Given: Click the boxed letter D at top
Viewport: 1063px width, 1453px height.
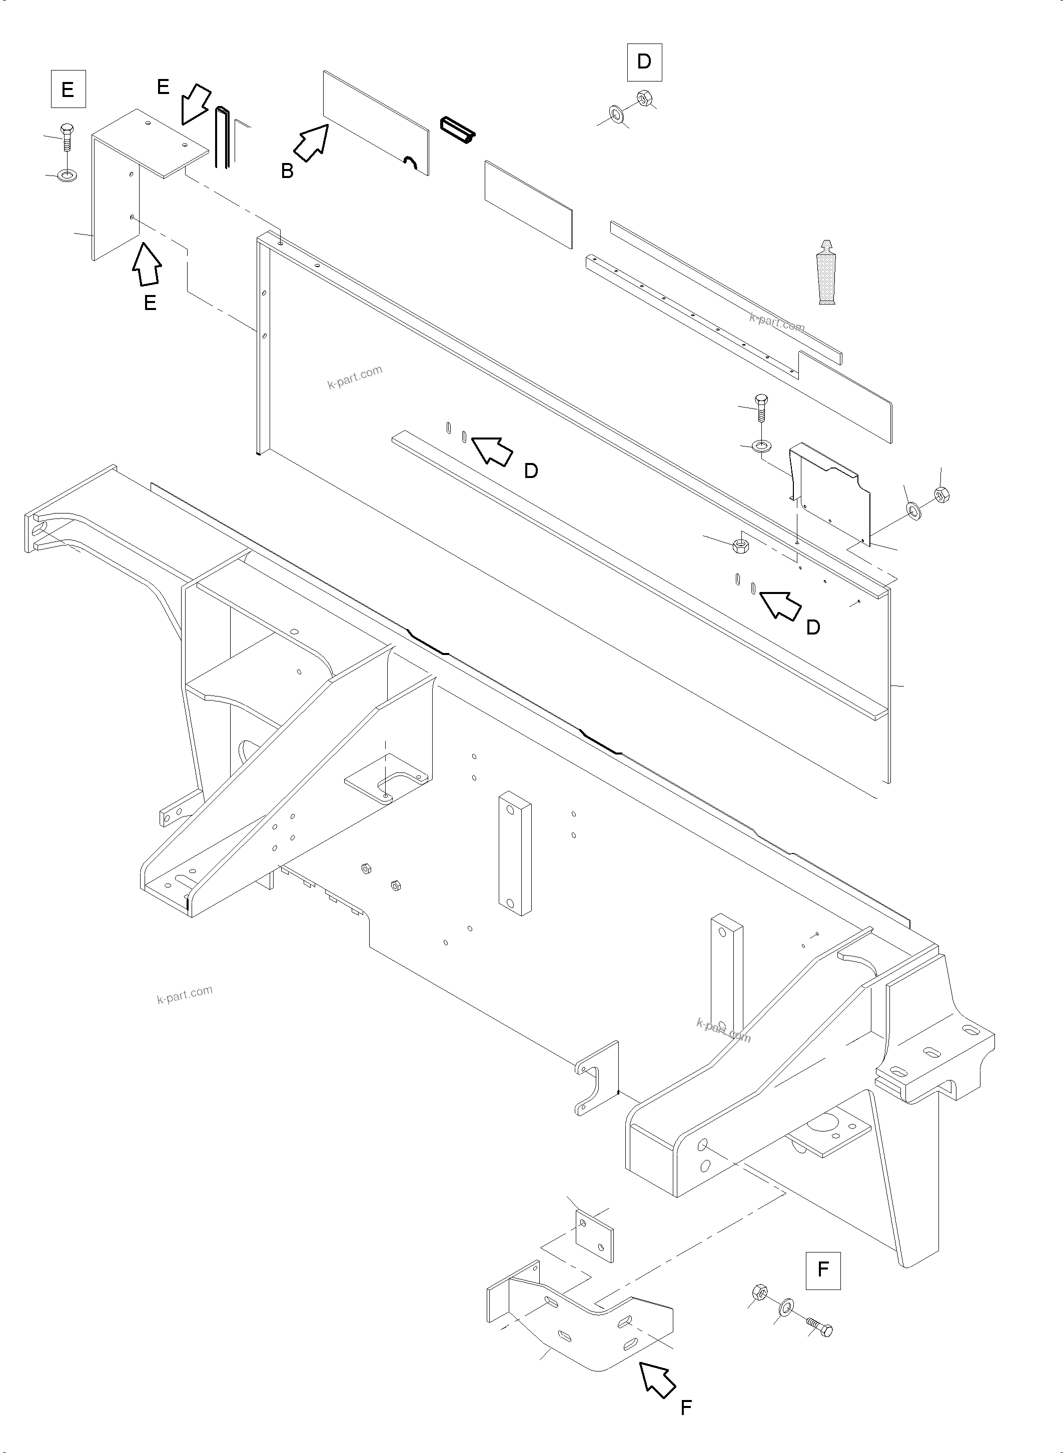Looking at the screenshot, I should tap(644, 61).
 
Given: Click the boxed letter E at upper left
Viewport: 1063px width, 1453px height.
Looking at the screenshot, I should tap(68, 90).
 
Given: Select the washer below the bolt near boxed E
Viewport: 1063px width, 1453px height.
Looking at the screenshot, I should tap(66, 174).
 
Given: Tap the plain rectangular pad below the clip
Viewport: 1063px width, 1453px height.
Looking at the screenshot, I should tap(528, 204).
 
